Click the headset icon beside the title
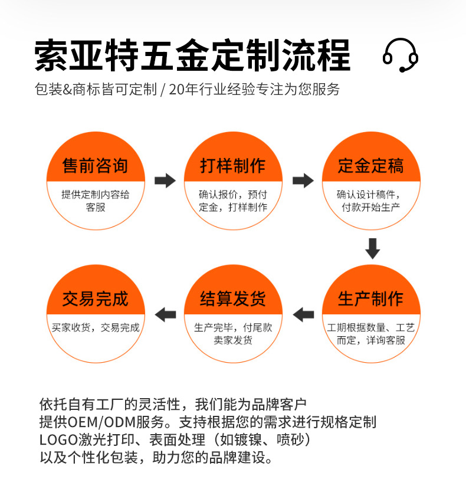pyautogui.click(x=401, y=55)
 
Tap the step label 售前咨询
pyautogui.click(x=95, y=166)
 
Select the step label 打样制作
pyautogui.click(x=233, y=166)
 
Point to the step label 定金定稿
pyautogui.click(x=371, y=166)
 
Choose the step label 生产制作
pyautogui.click(x=371, y=299)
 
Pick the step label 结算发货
pyautogui.click(x=233, y=299)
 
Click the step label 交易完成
pyautogui.click(x=95, y=299)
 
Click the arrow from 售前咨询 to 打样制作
pyautogui.click(x=165, y=180)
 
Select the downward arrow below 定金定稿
pyautogui.click(x=372, y=248)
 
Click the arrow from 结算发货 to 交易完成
pyautogui.click(x=165, y=314)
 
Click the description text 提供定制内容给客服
pyautogui.click(x=95, y=201)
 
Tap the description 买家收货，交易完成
pyautogui.click(x=95, y=327)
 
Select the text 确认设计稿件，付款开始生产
pyautogui.click(x=371, y=201)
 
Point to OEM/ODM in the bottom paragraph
pyautogui.click(x=96, y=422)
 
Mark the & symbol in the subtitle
pyautogui.click(x=67, y=90)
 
